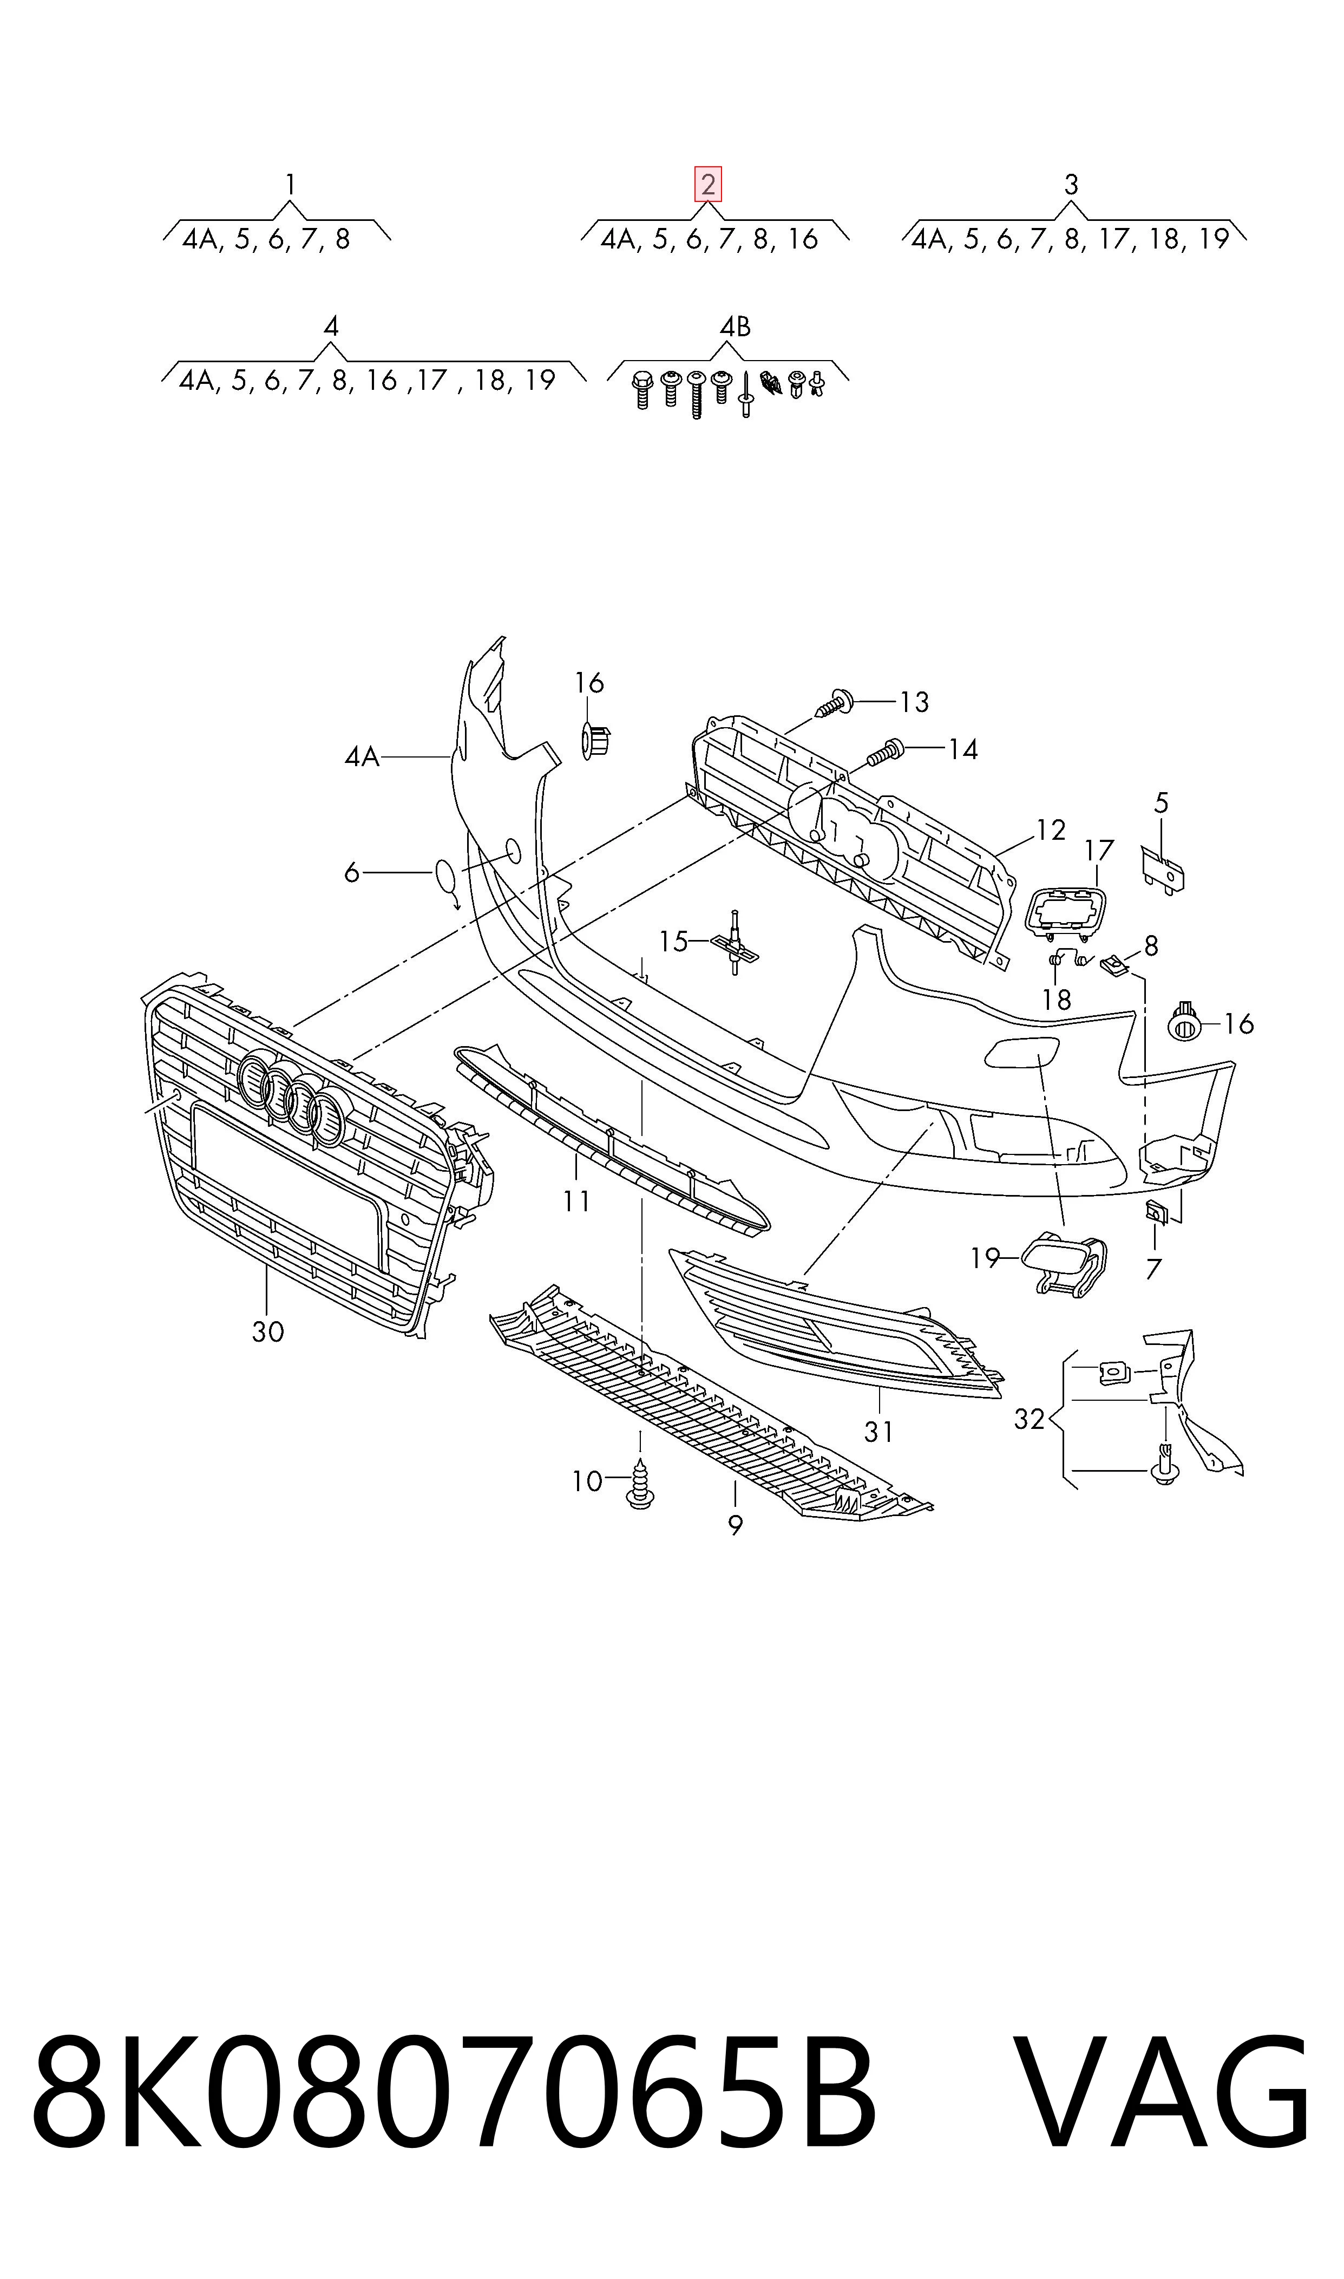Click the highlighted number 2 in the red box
707,185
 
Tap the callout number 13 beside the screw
915,702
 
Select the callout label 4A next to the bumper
362,756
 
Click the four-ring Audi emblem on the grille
295,1099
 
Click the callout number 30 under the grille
268,1331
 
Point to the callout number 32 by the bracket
1030,1419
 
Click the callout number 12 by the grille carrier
1051,830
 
